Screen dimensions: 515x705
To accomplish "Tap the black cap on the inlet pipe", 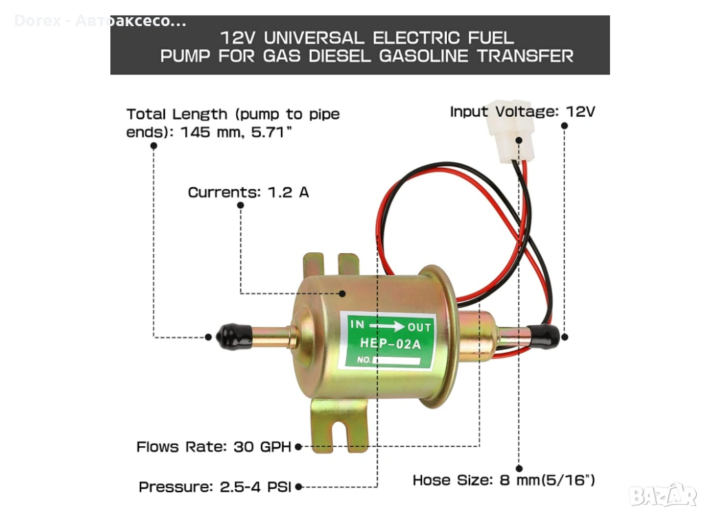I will click(227, 336).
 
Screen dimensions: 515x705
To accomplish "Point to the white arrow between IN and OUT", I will click(388, 326).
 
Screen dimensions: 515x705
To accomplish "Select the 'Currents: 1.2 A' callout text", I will click(249, 193).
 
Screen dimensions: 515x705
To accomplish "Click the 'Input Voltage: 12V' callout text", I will click(522, 111).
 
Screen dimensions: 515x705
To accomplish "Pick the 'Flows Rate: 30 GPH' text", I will click(214, 447).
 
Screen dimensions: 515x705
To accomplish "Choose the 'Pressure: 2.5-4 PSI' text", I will click(216, 487).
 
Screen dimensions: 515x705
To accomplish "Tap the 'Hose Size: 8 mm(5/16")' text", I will click(504, 480).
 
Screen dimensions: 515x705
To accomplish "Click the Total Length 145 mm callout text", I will click(233, 122).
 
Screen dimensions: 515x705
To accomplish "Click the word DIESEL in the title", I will click(335, 56).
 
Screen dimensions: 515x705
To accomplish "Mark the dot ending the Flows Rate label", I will click(298, 447).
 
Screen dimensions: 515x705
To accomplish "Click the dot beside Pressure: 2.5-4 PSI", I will click(299, 487).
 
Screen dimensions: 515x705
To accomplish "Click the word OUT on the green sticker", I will click(419, 327).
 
